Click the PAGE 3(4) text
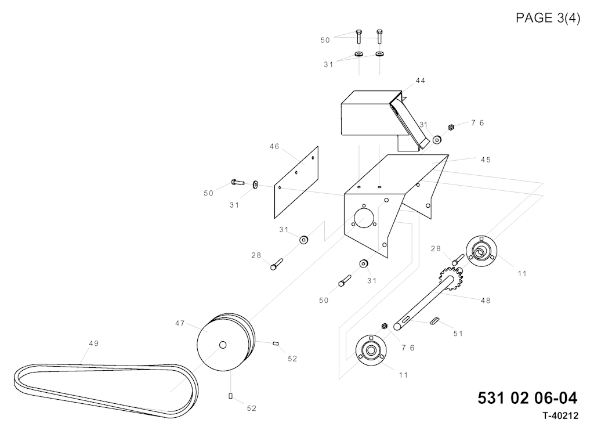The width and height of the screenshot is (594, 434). (x=548, y=18)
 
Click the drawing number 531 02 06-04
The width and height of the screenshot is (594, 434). (x=527, y=398)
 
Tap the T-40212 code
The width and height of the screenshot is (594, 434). (x=560, y=416)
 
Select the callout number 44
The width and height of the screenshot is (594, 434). (x=421, y=80)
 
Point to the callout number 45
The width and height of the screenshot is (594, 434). (x=486, y=160)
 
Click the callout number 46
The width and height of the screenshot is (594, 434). (x=274, y=146)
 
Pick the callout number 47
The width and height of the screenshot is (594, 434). (x=180, y=323)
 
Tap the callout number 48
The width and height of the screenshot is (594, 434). (x=486, y=301)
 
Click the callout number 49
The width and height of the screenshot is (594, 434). (x=94, y=343)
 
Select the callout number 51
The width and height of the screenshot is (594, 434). (x=458, y=334)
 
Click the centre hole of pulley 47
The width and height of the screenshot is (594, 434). (x=223, y=345)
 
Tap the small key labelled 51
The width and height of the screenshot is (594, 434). (x=434, y=321)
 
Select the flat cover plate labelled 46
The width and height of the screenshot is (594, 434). (x=296, y=182)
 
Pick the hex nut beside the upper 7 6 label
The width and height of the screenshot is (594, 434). (x=451, y=128)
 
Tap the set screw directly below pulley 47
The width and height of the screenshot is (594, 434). (x=230, y=396)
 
